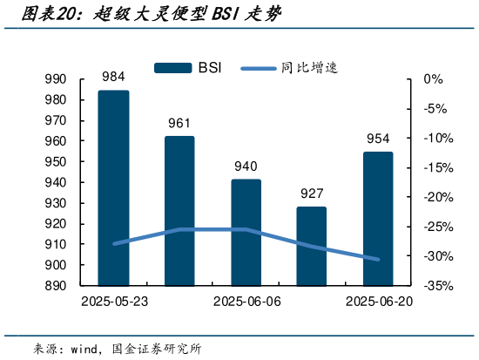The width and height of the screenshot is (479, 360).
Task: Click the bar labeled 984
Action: [x=113, y=187]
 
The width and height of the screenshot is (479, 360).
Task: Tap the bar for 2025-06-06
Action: [x=246, y=232]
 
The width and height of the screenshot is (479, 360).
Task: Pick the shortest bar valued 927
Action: [x=312, y=246]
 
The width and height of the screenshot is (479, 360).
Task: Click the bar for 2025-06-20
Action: [x=378, y=218]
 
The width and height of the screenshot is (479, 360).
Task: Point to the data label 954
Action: [x=378, y=139]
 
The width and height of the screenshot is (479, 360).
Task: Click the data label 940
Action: [x=246, y=166]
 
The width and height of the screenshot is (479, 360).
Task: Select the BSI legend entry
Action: [x=187, y=67]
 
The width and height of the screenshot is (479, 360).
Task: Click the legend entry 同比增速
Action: [x=287, y=67]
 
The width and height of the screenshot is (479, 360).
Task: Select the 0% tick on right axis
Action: [x=433, y=79]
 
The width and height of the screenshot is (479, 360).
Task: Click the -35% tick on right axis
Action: [x=436, y=286]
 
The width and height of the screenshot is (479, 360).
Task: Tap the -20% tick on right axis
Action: [x=436, y=197]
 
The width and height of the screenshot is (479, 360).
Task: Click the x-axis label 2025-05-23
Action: [x=113, y=302]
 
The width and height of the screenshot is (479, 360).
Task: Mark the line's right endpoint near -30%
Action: [x=378, y=259]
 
